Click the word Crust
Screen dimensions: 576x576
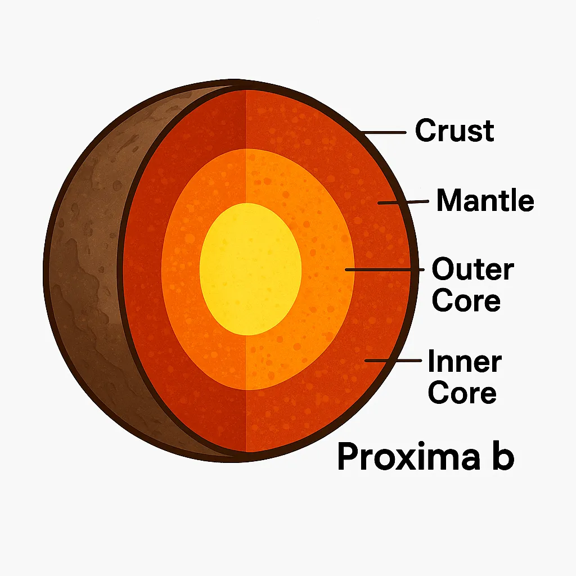(454, 130)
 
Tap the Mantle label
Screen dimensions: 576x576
(485, 200)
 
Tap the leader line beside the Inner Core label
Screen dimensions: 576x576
(393, 359)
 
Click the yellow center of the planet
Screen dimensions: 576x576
(250, 268)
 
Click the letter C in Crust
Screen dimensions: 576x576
(424, 130)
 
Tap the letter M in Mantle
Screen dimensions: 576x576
(448, 200)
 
